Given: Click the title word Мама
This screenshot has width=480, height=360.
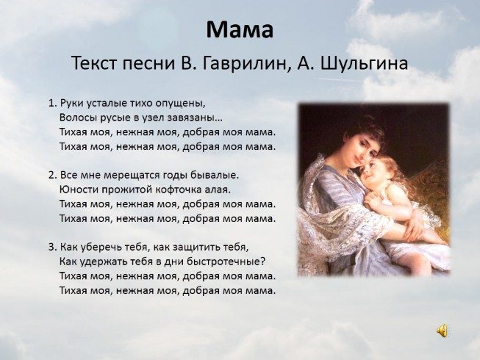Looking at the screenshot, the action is click(240, 29).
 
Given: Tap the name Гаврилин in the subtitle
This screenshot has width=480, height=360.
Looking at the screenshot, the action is click(243, 64).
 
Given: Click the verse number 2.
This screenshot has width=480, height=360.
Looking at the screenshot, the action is click(52, 175).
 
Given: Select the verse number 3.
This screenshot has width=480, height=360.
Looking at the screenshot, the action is click(52, 247).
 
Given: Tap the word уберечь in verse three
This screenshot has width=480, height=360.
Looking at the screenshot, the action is click(101, 248).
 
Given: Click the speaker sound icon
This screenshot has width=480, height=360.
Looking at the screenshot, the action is click(442, 331).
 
